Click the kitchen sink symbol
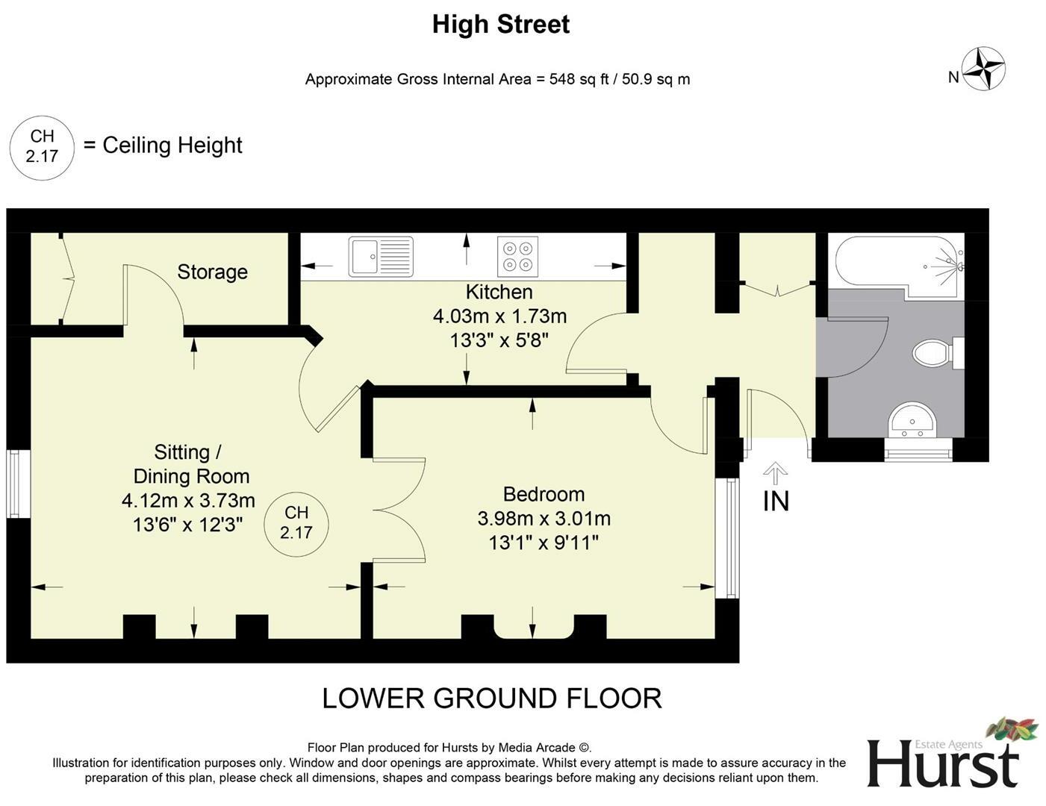point(381,257)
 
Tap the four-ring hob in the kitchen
point(517,257)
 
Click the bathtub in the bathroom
point(900,267)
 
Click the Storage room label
point(212,272)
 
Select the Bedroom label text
point(544,494)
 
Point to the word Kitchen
point(499,292)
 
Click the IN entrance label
point(776,502)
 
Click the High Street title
point(501,24)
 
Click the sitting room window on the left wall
point(18,484)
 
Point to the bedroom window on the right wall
point(727,538)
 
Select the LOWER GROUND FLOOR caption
point(492,699)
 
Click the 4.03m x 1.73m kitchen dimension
point(499,316)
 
